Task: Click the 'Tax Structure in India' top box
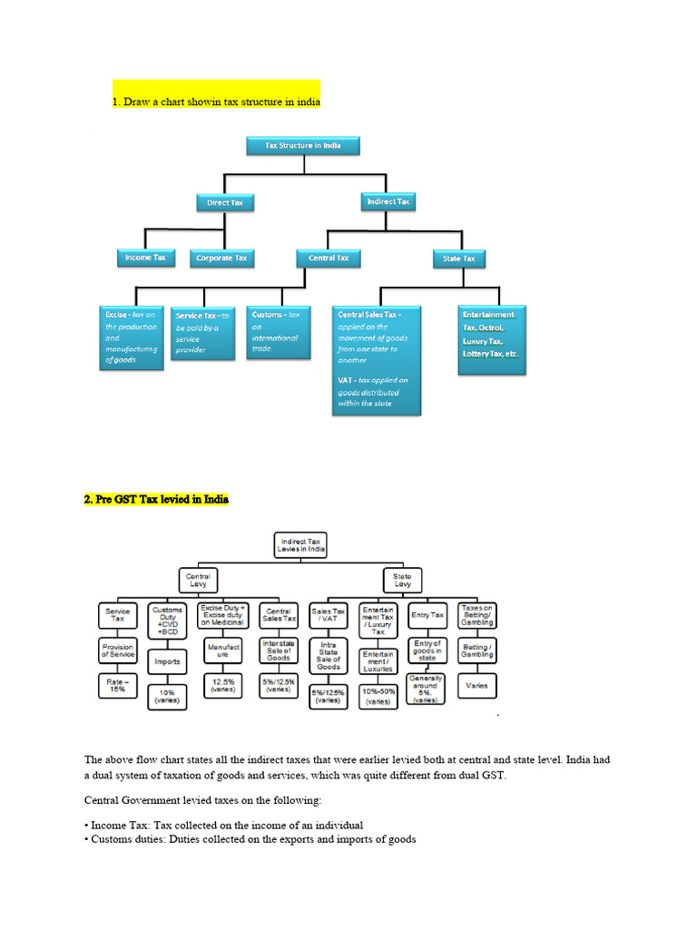(x=303, y=146)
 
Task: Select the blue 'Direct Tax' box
(x=225, y=202)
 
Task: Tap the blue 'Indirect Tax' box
(x=388, y=200)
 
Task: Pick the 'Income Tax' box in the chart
(x=145, y=258)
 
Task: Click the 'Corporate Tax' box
(x=221, y=259)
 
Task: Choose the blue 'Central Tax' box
(x=329, y=259)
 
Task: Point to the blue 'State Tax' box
(x=458, y=259)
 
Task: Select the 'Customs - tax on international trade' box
(x=277, y=332)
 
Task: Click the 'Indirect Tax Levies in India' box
(x=300, y=545)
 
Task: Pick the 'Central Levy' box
(x=198, y=581)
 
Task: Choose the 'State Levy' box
(x=402, y=581)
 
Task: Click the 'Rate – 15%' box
(x=118, y=685)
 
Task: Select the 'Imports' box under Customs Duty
(x=167, y=661)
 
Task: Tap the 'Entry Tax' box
(x=427, y=615)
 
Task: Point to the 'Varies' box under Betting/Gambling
(x=476, y=685)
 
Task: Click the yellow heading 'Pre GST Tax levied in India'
(x=157, y=499)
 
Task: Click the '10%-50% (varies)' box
(x=378, y=696)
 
